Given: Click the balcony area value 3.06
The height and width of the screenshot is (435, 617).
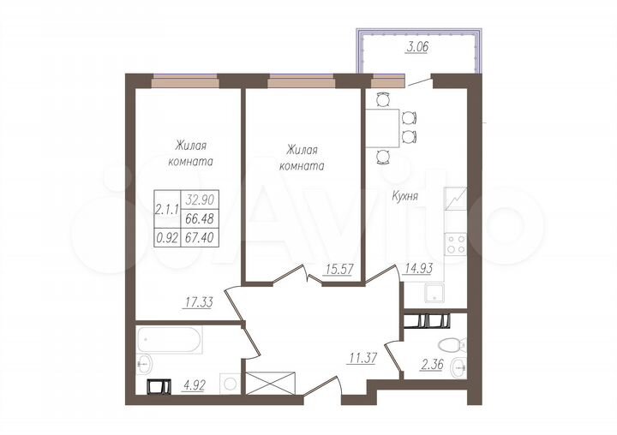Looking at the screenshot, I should [416, 49].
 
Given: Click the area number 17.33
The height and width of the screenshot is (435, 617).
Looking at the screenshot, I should [198, 301].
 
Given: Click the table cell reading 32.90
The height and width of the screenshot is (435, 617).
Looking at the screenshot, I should [199, 198].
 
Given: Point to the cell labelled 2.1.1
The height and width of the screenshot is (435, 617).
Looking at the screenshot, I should [167, 206].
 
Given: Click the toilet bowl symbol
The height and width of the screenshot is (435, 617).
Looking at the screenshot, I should [448, 344].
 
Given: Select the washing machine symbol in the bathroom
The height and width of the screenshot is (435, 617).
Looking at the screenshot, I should [228, 383].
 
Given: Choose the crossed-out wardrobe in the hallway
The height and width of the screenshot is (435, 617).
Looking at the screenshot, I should [272, 383].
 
